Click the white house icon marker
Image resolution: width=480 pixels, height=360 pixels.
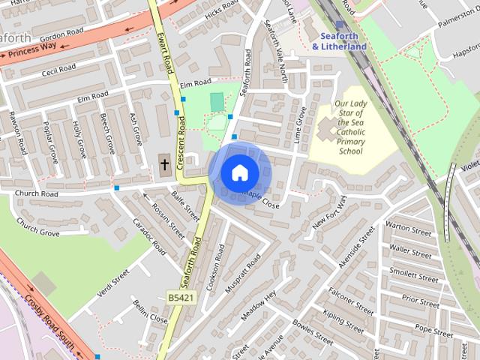point(239,173)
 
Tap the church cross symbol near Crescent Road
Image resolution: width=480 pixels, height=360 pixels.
point(165,163)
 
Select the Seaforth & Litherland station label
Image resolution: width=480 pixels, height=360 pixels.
point(339,40)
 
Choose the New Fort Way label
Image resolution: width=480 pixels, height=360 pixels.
point(329,214)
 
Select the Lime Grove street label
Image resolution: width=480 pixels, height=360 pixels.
point(301,124)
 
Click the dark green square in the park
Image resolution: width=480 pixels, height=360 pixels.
point(217,102)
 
